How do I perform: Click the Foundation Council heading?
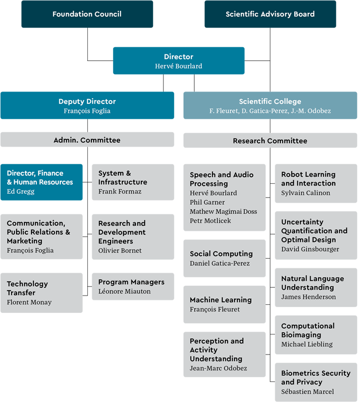87,14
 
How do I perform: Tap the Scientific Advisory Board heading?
270,14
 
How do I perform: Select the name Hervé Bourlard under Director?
179,66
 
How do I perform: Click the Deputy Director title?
87,102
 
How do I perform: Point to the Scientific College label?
270,102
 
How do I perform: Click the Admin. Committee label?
87,140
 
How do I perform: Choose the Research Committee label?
270,141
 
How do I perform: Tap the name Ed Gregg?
21,191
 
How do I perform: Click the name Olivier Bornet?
120,251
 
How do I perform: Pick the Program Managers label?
131,282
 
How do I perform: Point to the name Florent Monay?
29,302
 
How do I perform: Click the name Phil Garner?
207,202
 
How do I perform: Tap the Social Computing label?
221,254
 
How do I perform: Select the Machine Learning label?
220,300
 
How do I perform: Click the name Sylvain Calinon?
306,193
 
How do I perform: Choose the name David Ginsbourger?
310,249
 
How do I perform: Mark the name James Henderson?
309,297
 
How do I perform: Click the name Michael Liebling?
307,344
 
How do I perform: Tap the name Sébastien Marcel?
308,391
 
